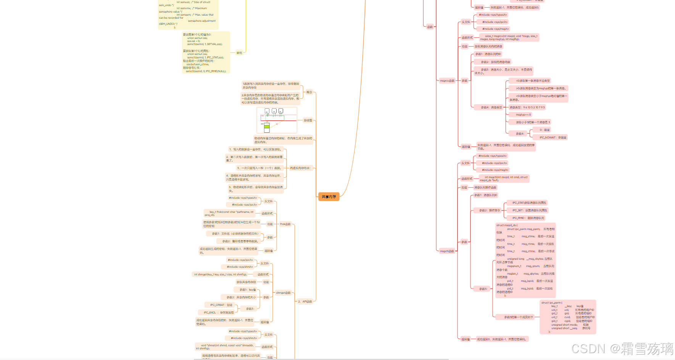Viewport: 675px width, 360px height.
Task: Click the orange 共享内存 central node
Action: point(329,197)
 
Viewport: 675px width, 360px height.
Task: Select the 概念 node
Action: point(309,92)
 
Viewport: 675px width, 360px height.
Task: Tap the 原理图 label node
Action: point(308,121)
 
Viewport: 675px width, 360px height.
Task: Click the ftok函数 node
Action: point(285,224)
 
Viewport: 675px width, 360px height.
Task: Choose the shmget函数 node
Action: point(283,293)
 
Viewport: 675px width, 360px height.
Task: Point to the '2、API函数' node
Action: point(305,302)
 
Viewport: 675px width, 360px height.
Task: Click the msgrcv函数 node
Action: point(447,81)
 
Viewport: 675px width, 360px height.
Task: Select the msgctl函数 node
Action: point(446,251)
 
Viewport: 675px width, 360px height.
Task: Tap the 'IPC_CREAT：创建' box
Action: point(221,305)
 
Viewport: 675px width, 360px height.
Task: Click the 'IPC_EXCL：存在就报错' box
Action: point(219,313)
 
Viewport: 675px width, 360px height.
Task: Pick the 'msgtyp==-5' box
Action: point(523,115)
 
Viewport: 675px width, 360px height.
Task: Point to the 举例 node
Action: point(239,53)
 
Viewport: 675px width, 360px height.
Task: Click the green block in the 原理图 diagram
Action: point(267,126)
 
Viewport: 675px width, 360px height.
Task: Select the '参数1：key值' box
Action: point(248,290)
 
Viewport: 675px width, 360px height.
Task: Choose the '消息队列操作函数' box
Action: point(485,188)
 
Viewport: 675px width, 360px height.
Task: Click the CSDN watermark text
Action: point(622,349)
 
